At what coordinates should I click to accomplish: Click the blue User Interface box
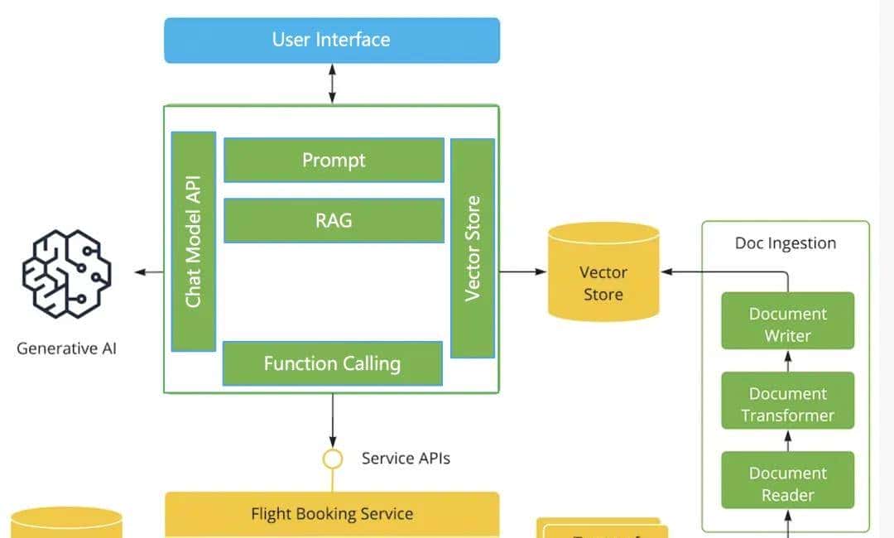(x=332, y=40)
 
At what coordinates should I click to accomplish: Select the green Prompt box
(x=334, y=160)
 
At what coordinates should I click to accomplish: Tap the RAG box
(x=334, y=220)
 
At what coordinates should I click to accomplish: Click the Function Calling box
(x=332, y=363)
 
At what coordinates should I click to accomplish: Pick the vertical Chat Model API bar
(x=194, y=241)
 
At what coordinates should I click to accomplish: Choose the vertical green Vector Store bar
(x=473, y=247)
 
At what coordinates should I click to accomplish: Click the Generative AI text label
(x=66, y=348)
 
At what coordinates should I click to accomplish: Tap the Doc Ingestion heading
(x=786, y=243)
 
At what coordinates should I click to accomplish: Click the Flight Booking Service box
(x=332, y=514)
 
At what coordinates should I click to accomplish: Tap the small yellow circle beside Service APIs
(x=332, y=459)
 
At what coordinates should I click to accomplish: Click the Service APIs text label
(x=406, y=458)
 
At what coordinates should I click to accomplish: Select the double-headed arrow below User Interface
(x=332, y=84)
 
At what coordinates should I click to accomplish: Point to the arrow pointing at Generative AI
(x=150, y=272)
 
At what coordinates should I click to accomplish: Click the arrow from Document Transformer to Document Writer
(x=787, y=360)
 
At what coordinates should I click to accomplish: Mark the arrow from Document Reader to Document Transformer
(x=787, y=440)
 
